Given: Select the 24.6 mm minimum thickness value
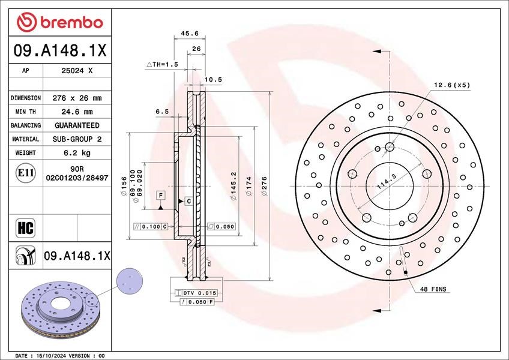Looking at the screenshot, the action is [77, 112].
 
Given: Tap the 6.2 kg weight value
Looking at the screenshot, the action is [77, 152].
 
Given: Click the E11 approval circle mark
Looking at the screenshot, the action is [26, 173].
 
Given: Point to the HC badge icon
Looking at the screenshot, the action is [25, 228].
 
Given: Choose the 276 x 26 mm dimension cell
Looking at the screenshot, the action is [77, 98].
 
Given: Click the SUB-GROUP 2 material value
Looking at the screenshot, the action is [77, 139].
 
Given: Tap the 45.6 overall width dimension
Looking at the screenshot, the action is [190, 33].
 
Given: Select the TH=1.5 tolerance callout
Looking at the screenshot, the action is [162, 64].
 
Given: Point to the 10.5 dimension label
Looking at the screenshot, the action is [213, 80].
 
